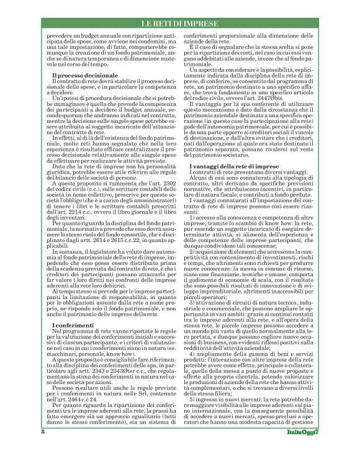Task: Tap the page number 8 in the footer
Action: [x=42, y=449]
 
